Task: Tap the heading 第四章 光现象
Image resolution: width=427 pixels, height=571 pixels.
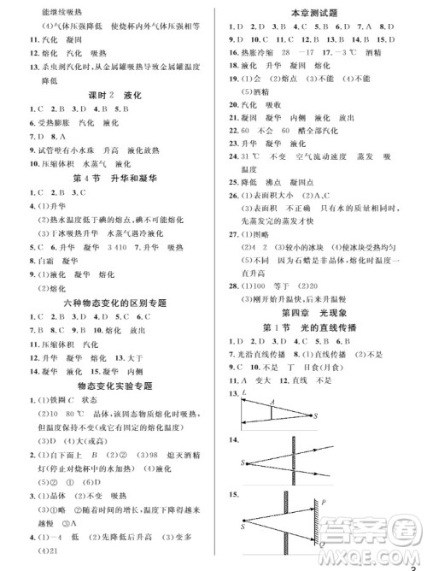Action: (x=319, y=314)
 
